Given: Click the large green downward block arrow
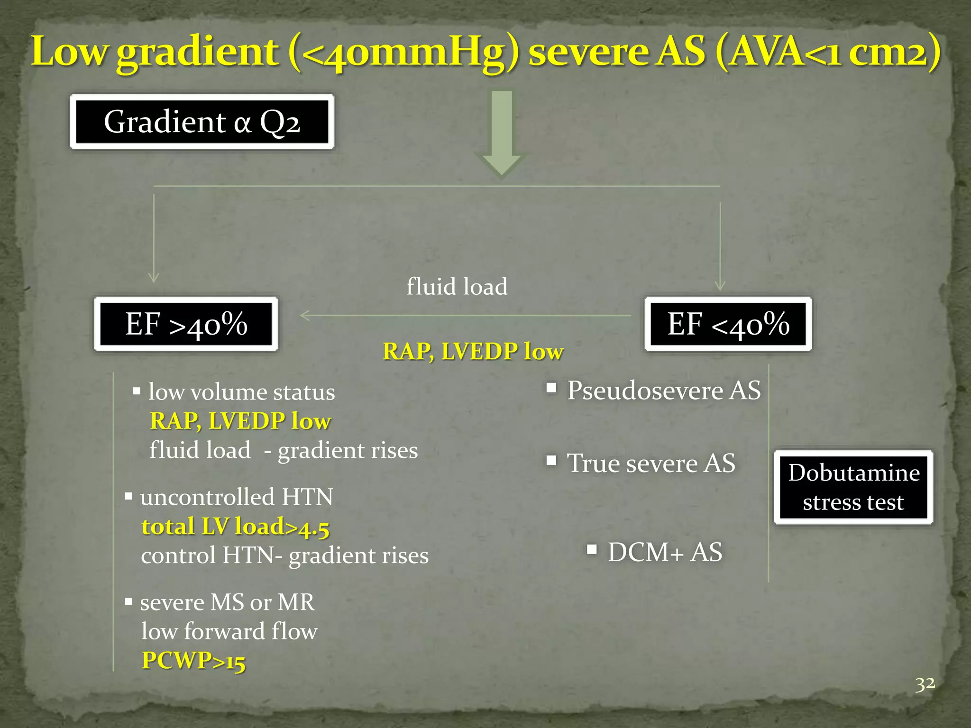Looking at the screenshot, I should click(501, 133).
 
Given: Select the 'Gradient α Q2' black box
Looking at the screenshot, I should click(202, 122).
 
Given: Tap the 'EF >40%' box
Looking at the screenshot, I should click(186, 324).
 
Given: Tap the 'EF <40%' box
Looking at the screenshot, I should click(728, 324).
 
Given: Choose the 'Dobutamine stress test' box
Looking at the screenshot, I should click(853, 487).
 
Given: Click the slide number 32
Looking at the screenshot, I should click(925, 684).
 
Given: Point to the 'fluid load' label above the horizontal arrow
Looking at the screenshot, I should click(457, 286).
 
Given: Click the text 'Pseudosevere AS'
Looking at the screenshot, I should click(664, 391).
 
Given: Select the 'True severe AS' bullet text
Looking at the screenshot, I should click(651, 463).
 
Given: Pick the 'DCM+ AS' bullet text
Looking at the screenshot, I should click(665, 552).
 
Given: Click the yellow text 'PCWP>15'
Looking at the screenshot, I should click(193, 660).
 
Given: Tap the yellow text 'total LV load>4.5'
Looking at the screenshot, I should click(235, 527).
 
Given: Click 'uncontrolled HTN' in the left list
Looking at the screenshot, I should click(236, 497).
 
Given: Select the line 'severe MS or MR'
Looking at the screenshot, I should click(227, 602).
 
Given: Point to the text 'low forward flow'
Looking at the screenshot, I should click(229, 631).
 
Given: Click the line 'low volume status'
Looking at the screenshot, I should click(241, 392).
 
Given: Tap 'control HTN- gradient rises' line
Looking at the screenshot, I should click(284, 555).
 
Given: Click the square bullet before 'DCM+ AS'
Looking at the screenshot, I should click(592, 549).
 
